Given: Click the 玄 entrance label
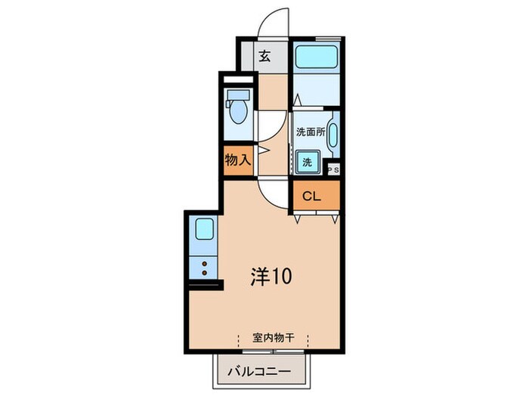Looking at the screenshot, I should [x=265, y=55].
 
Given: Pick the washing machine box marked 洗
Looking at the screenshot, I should [x=308, y=161].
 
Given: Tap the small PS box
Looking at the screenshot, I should [x=333, y=169].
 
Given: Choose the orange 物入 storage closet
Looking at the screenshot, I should [x=238, y=160].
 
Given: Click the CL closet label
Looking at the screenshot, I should [x=313, y=197].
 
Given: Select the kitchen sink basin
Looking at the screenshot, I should [x=204, y=230].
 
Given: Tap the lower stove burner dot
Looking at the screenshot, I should [x=204, y=271].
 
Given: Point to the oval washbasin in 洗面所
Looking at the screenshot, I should [x=333, y=137].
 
